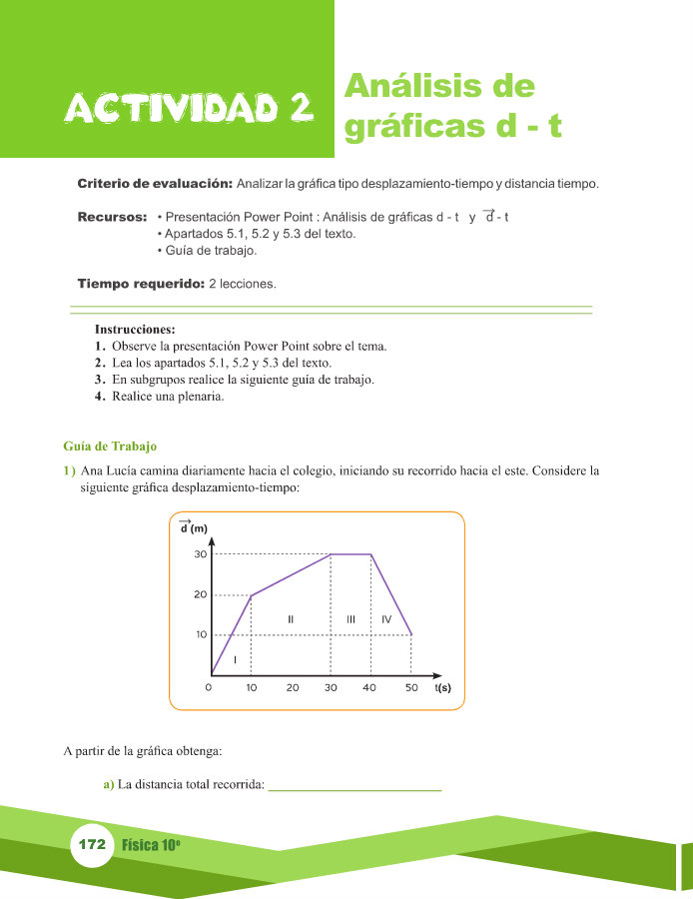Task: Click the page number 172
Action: pos(91,844)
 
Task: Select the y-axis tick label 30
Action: pos(200,554)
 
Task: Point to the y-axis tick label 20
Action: pos(200,594)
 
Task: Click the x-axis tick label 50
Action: pos(410,688)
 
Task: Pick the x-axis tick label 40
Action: pos(371,688)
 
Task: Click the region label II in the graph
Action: pos(291,619)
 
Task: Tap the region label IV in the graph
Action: pos(386,619)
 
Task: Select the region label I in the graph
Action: pos(235,660)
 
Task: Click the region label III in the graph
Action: pos(351,619)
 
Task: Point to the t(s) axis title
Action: pos(443,688)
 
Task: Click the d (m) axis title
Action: pos(193,527)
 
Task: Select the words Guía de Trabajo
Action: pos(110,446)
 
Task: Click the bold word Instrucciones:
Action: pos(135,329)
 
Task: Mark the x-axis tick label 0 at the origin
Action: pos(209,688)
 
